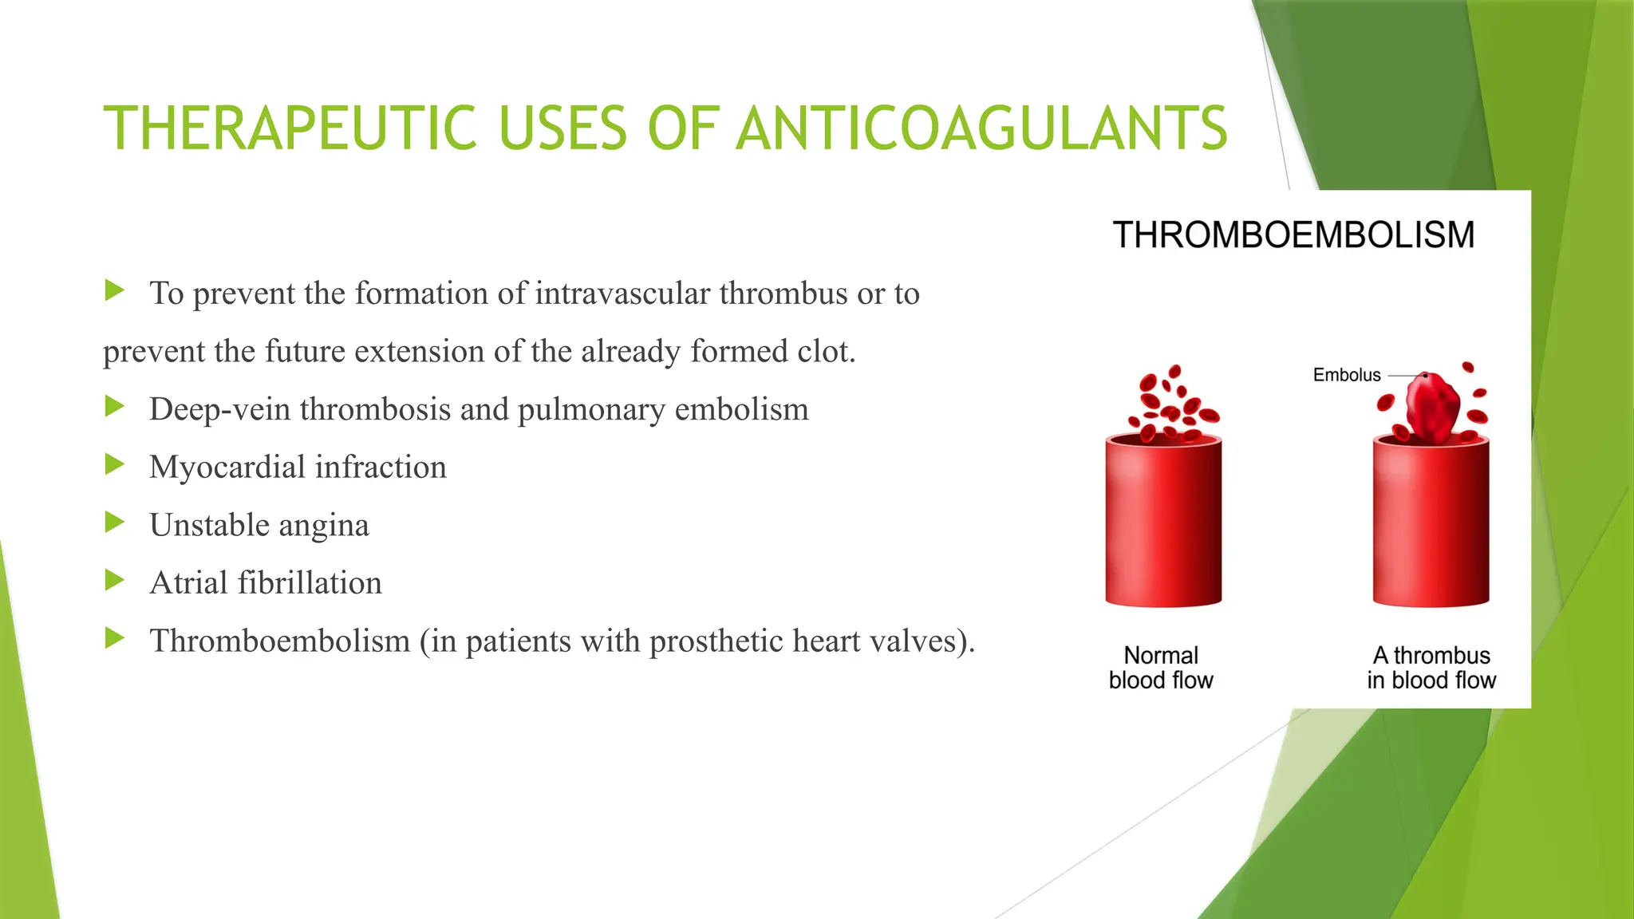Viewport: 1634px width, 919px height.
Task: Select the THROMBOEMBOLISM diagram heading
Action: click(1293, 235)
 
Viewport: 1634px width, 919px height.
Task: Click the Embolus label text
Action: click(1347, 375)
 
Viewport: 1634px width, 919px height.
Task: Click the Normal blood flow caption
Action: click(1161, 668)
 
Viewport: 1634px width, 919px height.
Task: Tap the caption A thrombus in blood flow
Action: click(1431, 668)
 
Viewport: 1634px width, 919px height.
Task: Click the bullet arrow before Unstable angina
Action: click(115, 523)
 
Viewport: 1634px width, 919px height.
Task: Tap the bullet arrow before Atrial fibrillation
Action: click(115, 581)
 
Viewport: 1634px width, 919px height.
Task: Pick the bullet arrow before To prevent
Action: click(115, 291)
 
